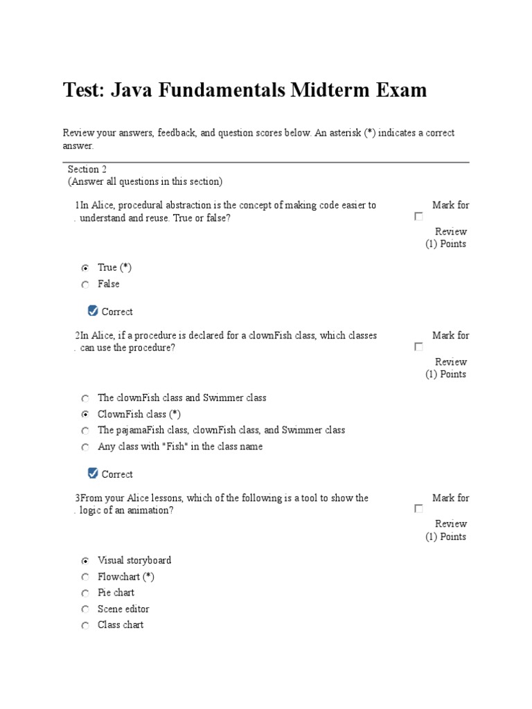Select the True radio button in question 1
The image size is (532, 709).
click(85, 268)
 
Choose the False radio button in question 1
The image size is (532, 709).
click(85, 285)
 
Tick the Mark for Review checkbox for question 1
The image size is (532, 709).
click(418, 217)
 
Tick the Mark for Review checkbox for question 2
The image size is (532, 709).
click(418, 347)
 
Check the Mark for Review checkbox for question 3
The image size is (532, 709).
click(418, 509)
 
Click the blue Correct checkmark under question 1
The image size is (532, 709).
click(94, 311)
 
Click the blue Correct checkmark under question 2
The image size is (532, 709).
click(94, 474)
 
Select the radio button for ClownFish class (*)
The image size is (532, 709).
click(85, 415)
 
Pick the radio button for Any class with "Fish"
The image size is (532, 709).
click(85, 447)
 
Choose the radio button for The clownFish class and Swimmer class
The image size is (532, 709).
click(85, 399)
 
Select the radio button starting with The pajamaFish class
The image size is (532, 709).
click(85, 431)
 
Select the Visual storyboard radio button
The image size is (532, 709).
click(85, 561)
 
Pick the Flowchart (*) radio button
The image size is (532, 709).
click(85, 577)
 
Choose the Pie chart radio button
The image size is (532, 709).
click(85, 593)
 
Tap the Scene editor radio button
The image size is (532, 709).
click(85, 609)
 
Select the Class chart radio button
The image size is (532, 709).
click(85, 626)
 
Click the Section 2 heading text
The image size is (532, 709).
click(87, 169)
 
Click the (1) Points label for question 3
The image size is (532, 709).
click(445, 537)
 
